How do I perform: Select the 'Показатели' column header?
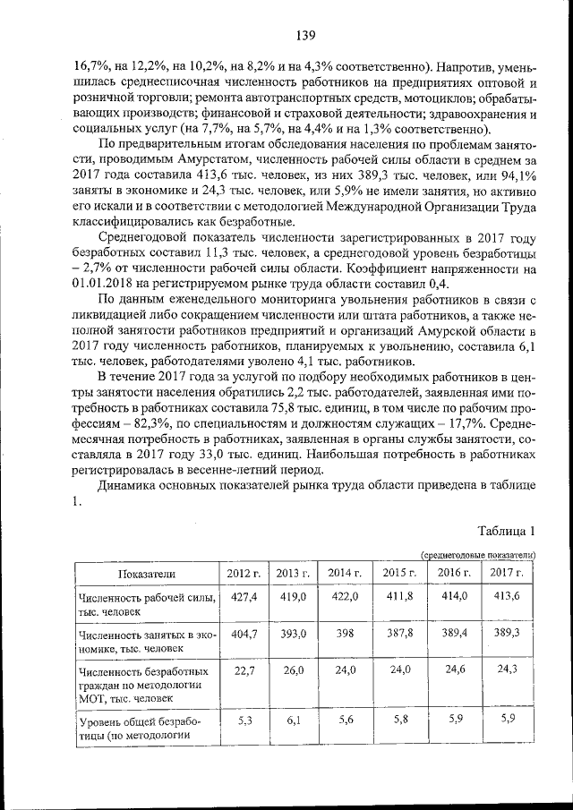[x=144, y=573]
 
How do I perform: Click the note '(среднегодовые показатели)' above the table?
[x=478, y=554]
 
